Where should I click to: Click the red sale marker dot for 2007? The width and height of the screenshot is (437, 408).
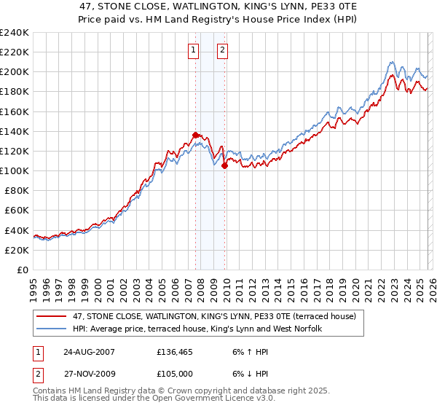pos(196,135)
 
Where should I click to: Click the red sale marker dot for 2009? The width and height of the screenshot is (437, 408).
pos(225,165)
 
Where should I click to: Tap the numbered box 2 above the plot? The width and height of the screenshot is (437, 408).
pos(222,50)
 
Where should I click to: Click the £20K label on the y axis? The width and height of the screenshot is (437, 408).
pos(17,250)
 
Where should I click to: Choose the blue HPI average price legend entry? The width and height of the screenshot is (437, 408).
pos(197,329)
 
